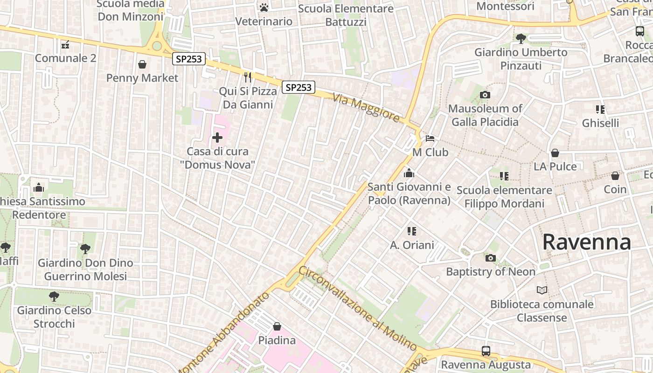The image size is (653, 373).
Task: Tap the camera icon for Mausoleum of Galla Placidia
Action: click(485, 95)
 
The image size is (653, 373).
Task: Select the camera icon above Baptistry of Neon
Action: click(490, 258)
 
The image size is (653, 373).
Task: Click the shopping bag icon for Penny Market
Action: click(142, 64)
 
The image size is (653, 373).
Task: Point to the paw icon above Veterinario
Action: click(264, 7)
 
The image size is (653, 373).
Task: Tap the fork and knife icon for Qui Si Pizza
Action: click(248, 77)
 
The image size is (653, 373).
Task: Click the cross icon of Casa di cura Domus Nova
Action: click(217, 138)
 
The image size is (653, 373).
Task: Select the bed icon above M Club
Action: click(430, 138)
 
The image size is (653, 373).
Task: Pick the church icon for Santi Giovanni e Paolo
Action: click(409, 173)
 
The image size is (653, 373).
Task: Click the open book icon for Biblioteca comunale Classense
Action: click(542, 290)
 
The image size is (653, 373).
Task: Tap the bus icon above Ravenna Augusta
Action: click(486, 351)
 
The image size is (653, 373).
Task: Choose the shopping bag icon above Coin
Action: click(615, 176)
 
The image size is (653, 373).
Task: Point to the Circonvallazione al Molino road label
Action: click(358, 308)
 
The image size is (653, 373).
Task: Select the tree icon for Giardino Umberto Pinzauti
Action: click(521, 39)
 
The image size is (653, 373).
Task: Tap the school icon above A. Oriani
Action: click(411, 231)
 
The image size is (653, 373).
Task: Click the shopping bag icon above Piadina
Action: click(277, 326)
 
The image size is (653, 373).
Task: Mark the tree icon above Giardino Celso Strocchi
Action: click(54, 296)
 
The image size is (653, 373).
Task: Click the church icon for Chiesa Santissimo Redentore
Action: click(39, 187)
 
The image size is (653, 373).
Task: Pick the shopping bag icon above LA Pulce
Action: click(555, 153)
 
